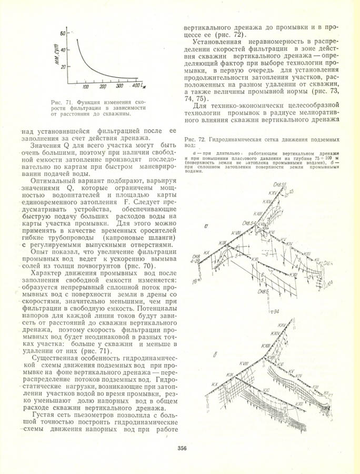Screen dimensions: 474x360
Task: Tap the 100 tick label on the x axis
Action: (x=86, y=86)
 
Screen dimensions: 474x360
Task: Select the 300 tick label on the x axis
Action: (x=119, y=86)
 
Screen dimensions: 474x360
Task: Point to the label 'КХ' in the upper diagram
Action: (x=207, y=253)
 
